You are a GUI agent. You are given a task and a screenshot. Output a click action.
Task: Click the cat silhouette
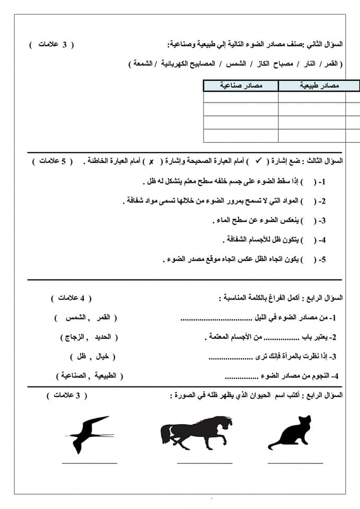(290, 434)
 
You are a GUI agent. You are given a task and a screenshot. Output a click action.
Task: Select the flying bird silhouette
(88, 432)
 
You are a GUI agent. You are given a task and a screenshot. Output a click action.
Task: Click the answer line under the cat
(295, 463)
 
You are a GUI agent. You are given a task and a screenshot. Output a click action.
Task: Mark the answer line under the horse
(204, 463)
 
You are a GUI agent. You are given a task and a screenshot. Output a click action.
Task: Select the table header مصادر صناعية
(241, 85)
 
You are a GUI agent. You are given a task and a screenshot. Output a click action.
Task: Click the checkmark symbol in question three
(259, 161)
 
